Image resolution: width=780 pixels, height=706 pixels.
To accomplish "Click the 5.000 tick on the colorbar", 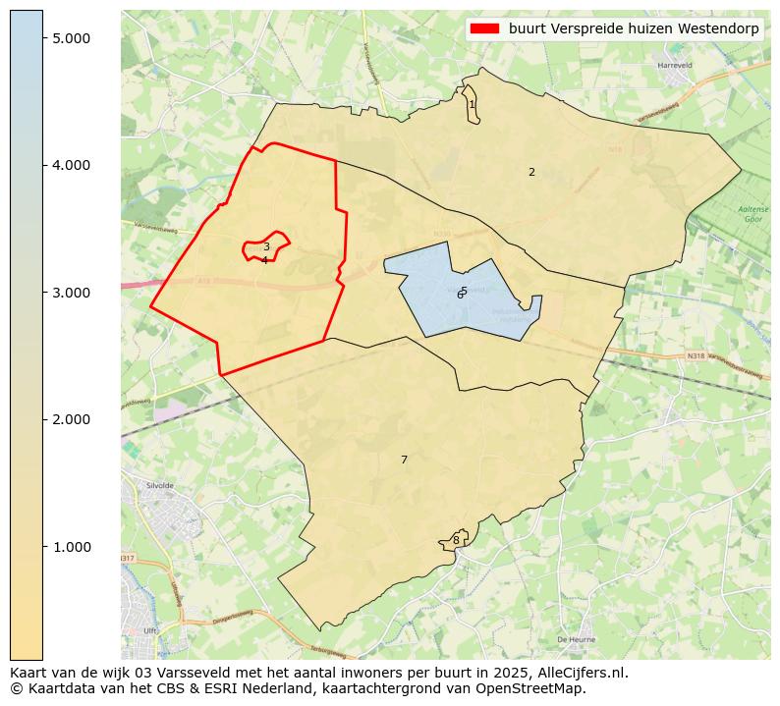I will (71, 37).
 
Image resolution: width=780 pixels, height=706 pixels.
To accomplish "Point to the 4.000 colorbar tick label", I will (71, 165).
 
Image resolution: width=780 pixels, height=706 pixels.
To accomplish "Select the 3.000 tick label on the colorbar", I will (71, 293).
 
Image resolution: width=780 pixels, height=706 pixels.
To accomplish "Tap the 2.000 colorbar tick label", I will (71, 419).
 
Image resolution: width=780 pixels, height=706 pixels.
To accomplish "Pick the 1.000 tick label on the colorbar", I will (71, 547).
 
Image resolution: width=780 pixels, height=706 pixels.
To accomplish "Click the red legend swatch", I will (485, 28).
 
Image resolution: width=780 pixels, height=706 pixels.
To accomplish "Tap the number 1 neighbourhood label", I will (472, 104).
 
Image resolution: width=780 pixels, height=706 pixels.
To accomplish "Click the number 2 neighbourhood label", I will (531, 172).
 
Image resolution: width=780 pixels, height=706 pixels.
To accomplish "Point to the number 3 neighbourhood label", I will (266, 247).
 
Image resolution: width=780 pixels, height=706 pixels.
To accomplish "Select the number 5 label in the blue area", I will (464, 291).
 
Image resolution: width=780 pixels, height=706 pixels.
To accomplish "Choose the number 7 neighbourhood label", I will (404, 460).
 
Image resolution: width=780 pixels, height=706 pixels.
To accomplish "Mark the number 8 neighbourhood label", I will (456, 540).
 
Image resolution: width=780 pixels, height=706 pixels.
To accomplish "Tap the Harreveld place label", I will (675, 66).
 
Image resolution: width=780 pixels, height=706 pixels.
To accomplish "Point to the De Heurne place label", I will (576, 639).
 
